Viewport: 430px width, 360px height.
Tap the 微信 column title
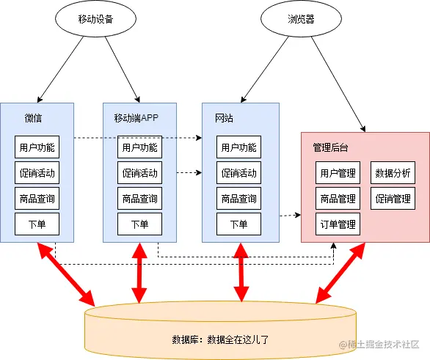33,118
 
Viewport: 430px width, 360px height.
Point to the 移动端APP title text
136,118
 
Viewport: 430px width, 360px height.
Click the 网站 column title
224,118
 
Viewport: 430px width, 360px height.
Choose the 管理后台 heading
330,147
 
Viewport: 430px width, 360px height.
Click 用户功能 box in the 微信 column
37,147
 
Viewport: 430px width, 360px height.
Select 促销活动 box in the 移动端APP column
140,172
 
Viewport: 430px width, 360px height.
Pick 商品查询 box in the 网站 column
239,199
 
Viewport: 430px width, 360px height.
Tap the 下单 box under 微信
37,224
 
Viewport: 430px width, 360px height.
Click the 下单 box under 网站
239,224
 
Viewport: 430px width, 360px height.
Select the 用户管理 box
338,172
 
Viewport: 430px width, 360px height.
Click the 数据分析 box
393,172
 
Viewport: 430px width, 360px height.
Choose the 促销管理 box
393,199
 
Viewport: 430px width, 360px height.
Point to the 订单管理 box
338,224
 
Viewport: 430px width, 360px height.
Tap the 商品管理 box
338,199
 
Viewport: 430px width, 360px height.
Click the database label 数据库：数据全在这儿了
220,339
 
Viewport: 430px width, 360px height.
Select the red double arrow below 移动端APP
139,273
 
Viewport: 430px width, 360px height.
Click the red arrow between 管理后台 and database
340,273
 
